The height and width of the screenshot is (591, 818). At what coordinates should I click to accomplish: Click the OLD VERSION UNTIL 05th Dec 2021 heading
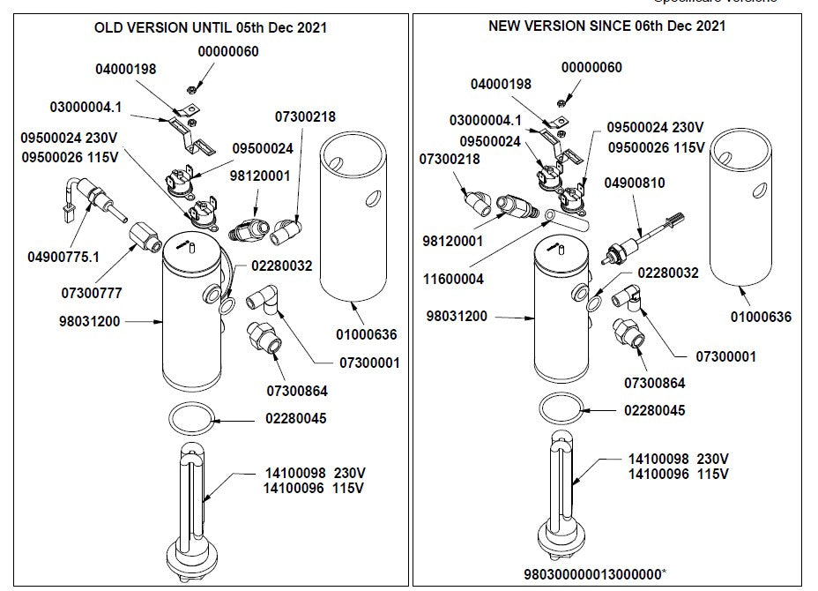pyautogui.click(x=211, y=27)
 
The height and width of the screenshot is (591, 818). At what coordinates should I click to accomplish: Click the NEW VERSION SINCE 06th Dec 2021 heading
pyautogui.click(x=607, y=26)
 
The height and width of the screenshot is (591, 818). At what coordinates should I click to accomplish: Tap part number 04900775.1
pyautogui.click(x=64, y=257)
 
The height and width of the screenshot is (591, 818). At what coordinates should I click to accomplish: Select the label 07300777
pyautogui.click(x=92, y=291)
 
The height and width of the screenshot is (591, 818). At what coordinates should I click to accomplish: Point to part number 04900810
pyautogui.click(x=635, y=183)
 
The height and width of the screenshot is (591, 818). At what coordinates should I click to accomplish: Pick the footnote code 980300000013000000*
pyautogui.click(x=606, y=573)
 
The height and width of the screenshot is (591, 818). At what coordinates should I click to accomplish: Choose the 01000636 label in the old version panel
pyautogui.click(x=368, y=334)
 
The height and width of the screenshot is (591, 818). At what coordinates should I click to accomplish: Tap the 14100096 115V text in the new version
pyautogui.click(x=679, y=474)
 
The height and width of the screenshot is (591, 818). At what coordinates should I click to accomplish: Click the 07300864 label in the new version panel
pyautogui.click(x=654, y=383)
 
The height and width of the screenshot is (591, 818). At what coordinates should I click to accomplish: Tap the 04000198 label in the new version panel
pyautogui.click(x=501, y=85)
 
